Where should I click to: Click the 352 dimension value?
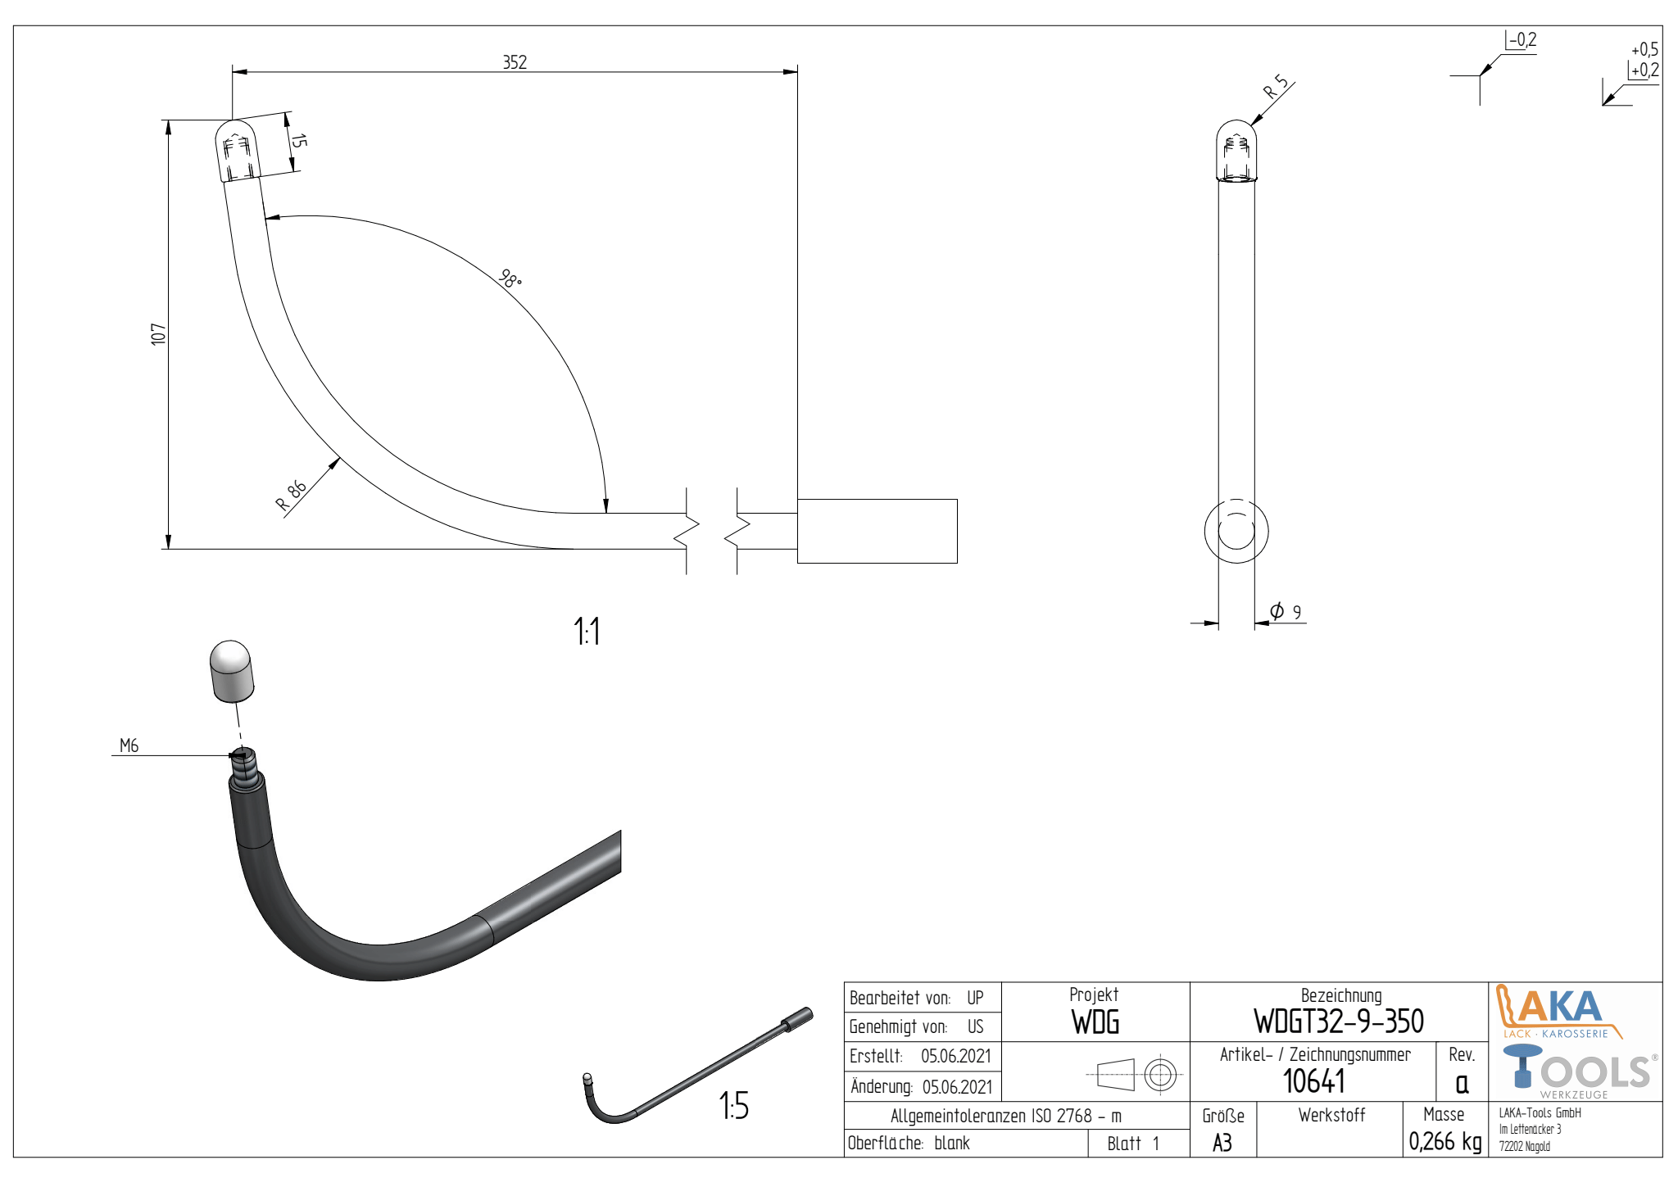[x=515, y=62]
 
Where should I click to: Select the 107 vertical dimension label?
[x=158, y=334]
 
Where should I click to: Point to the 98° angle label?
[x=510, y=279]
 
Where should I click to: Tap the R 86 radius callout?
[x=290, y=496]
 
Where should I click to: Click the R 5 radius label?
[x=1275, y=87]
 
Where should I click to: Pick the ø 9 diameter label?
[x=1285, y=611]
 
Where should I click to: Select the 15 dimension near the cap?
[x=299, y=141]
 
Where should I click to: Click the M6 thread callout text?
[x=129, y=745]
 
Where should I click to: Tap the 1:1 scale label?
[x=587, y=632]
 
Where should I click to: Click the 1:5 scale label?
[x=733, y=1106]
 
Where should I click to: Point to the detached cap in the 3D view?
[x=232, y=671]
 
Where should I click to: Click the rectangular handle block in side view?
[x=877, y=531]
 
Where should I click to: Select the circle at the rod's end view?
[x=1236, y=531]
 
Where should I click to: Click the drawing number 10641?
[x=1313, y=1081]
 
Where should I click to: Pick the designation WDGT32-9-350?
[x=1338, y=1022]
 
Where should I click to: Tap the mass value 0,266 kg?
[x=1444, y=1141]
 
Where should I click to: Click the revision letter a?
[x=1462, y=1083]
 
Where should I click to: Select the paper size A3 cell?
[x=1222, y=1143]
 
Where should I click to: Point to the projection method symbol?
[x=1136, y=1074]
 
